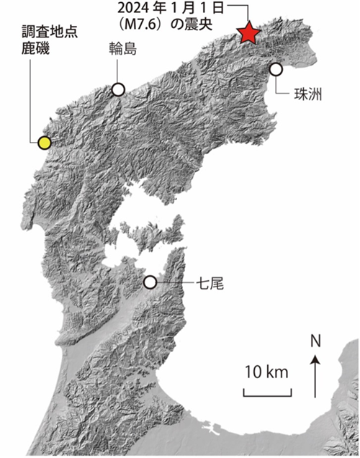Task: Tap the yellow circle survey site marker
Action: [45, 143]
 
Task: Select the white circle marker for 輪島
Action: [118, 89]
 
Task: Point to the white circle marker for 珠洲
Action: [276, 69]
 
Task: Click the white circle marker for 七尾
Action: [150, 283]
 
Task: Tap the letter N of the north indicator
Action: [315, 341]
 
